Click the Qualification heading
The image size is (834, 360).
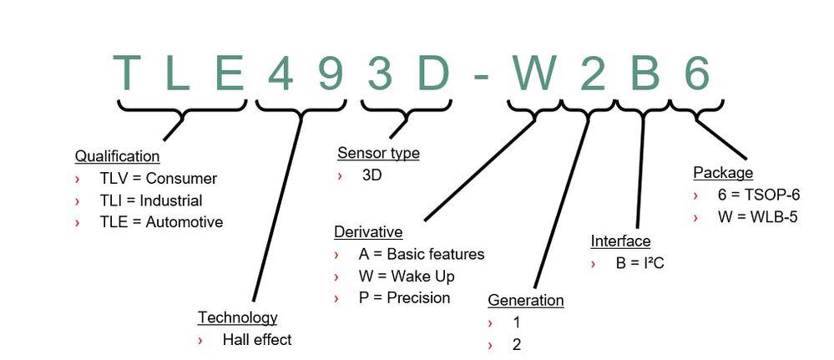click(117, 156)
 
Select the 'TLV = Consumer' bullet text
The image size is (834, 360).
click(158, 179)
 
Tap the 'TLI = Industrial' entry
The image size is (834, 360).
click(150, 200)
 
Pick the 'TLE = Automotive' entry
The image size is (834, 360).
click(161, 222)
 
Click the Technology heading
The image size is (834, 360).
click(237, 317)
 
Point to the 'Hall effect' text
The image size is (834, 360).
click(257, 340)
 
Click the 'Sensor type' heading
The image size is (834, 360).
click(378, 153)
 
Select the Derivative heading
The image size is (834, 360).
click(368, 232)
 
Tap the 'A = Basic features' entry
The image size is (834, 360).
click(422, 254)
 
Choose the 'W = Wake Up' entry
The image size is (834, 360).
click(408, 276)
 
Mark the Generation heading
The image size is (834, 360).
click(525, 301)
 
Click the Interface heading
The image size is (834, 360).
click(620, 241)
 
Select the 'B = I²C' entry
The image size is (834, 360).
click(639, 263)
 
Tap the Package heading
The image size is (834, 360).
click(723, 173)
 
